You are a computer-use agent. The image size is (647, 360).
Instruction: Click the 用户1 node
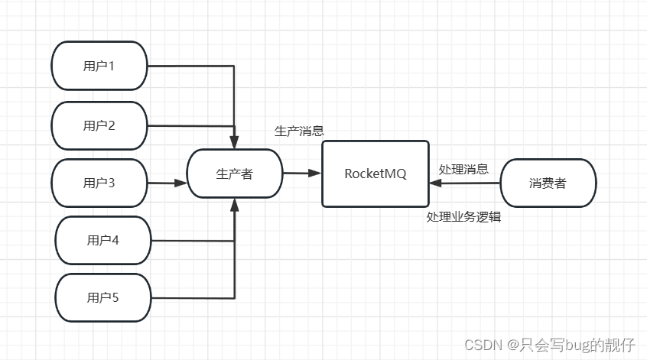coord(99,66)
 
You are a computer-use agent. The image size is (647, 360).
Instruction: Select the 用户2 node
coord(99,125)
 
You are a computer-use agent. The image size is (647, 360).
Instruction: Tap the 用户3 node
coord(99,183)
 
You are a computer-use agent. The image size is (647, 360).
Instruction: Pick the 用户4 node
coord(103,240)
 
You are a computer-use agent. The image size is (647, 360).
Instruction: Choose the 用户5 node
coord(103,297)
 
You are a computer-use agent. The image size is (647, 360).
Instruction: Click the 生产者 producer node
coord(235,174)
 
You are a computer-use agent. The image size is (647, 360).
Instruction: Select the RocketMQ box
coord(376,174)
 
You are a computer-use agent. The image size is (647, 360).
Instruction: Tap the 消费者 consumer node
coord(548,183)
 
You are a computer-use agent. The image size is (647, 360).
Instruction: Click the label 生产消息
coord(299,131)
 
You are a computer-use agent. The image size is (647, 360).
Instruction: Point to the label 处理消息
coord(463,169)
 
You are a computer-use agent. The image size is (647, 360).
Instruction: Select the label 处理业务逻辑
coord(463,216)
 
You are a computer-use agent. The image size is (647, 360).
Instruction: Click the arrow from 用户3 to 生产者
coord(167,183)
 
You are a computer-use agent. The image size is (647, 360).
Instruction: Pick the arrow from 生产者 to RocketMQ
coord(302,174)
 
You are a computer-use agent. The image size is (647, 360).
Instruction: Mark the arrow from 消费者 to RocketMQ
coord(465,183)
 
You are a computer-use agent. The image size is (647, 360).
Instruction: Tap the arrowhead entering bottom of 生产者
coord(235,204)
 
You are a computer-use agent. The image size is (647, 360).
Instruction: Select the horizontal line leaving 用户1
coord(190,66)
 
